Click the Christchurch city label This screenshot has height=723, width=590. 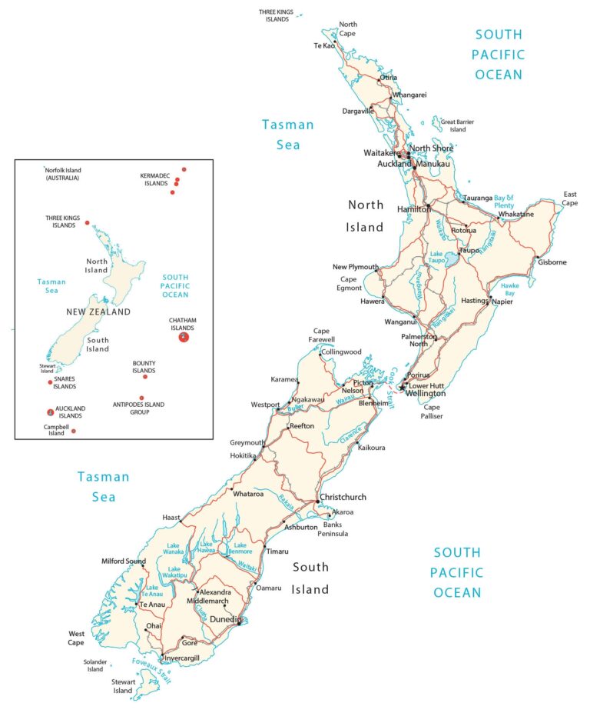click(x=343, y=497)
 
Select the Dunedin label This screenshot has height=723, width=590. click(x=226, y=618)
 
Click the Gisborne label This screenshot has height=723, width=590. click(x=552, y=262)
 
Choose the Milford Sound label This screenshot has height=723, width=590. click(x=124, y=561)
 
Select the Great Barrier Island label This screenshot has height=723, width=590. click(x=457, y=125)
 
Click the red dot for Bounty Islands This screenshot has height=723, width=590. click(x=144, y=377)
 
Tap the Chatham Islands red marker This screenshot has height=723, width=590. click(x=183, y=337)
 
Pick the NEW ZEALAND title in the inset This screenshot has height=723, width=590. click(x=98, y=312)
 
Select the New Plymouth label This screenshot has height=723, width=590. click(x=354, y=267)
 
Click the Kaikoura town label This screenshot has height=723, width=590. click(x=371, y=448)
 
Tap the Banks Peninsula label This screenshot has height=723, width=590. click(x=335, y=529)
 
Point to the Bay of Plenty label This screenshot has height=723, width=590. click(x=514, y=202)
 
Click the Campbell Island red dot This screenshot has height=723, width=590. click(x=74, y=431)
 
